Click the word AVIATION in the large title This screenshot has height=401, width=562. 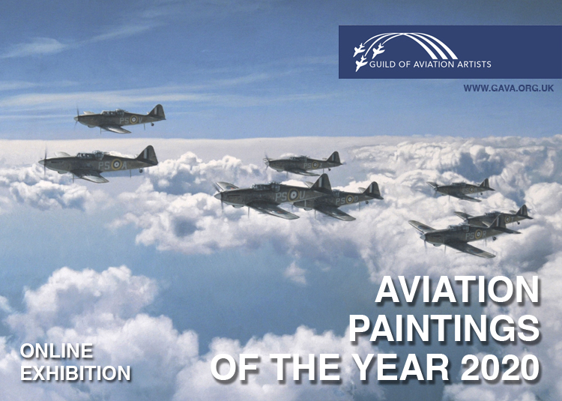[457, 289]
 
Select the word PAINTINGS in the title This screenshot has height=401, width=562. [444, 329]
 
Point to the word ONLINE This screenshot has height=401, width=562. [56, 351]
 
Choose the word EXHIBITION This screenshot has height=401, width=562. [75, 373]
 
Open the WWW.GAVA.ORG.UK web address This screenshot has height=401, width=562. [508, 88]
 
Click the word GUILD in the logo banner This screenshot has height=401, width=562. [382, 64]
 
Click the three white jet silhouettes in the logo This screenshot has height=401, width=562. [368, 55]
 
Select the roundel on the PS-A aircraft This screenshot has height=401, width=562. [116, 164]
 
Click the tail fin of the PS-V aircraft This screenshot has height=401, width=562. [157, 112]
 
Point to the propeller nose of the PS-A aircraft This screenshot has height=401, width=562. [43, 162]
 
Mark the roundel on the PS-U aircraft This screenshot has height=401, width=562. [293, 195]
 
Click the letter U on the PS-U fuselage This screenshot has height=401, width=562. [302, 196]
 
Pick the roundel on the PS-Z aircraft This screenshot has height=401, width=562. [315, 164]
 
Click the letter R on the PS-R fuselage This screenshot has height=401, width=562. [483, 234]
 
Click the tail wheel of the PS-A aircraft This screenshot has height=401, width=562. [142, 171]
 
